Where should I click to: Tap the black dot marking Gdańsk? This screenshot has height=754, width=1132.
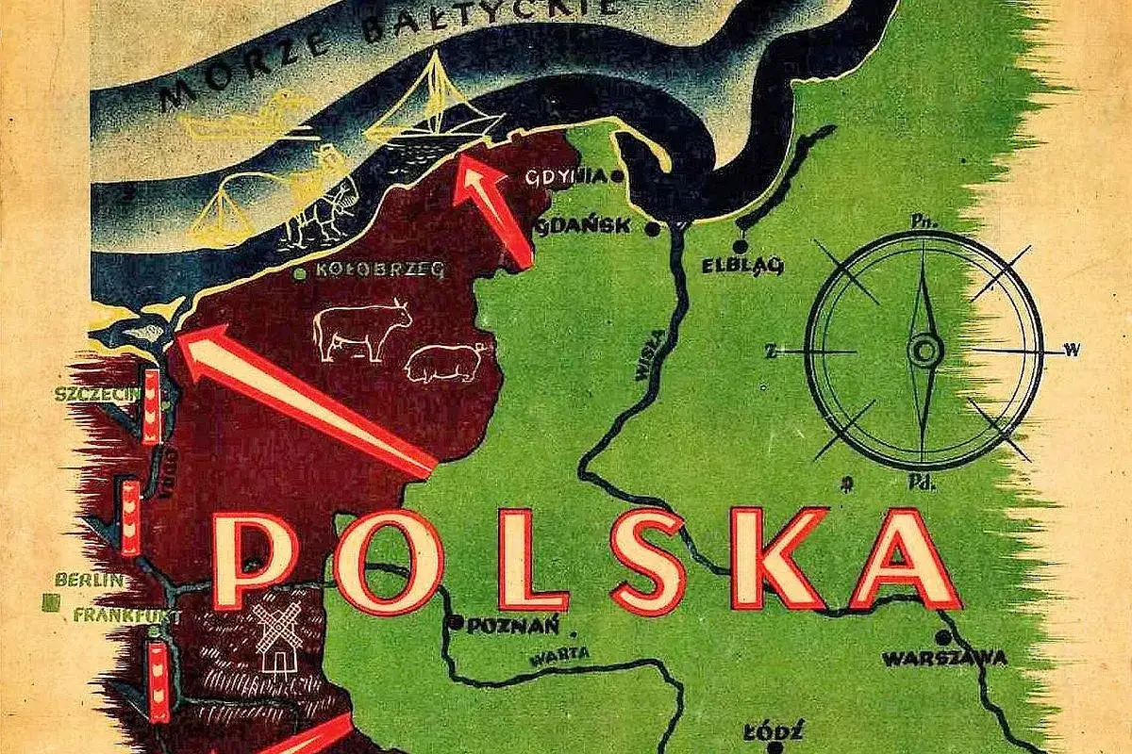(653, 228)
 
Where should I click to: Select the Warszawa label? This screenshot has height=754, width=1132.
(944, 658)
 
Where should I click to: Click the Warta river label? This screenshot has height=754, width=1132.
(559, 652)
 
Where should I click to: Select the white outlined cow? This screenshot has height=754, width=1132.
(361, 328)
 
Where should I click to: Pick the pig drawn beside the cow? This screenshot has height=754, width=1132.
(444, 362)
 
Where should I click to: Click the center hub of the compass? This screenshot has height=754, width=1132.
(925, 352)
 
